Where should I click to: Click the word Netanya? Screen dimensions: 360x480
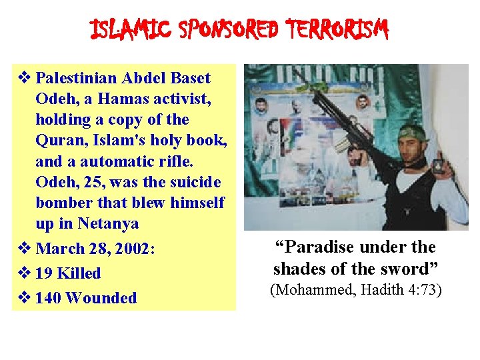coord(109,223)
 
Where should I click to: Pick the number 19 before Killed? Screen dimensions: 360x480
coord(45,273)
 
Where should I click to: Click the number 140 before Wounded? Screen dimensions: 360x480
coord(49,298)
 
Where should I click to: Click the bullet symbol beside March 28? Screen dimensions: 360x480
coord(24,248)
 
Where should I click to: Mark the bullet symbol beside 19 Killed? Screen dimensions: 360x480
coord(24,273)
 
